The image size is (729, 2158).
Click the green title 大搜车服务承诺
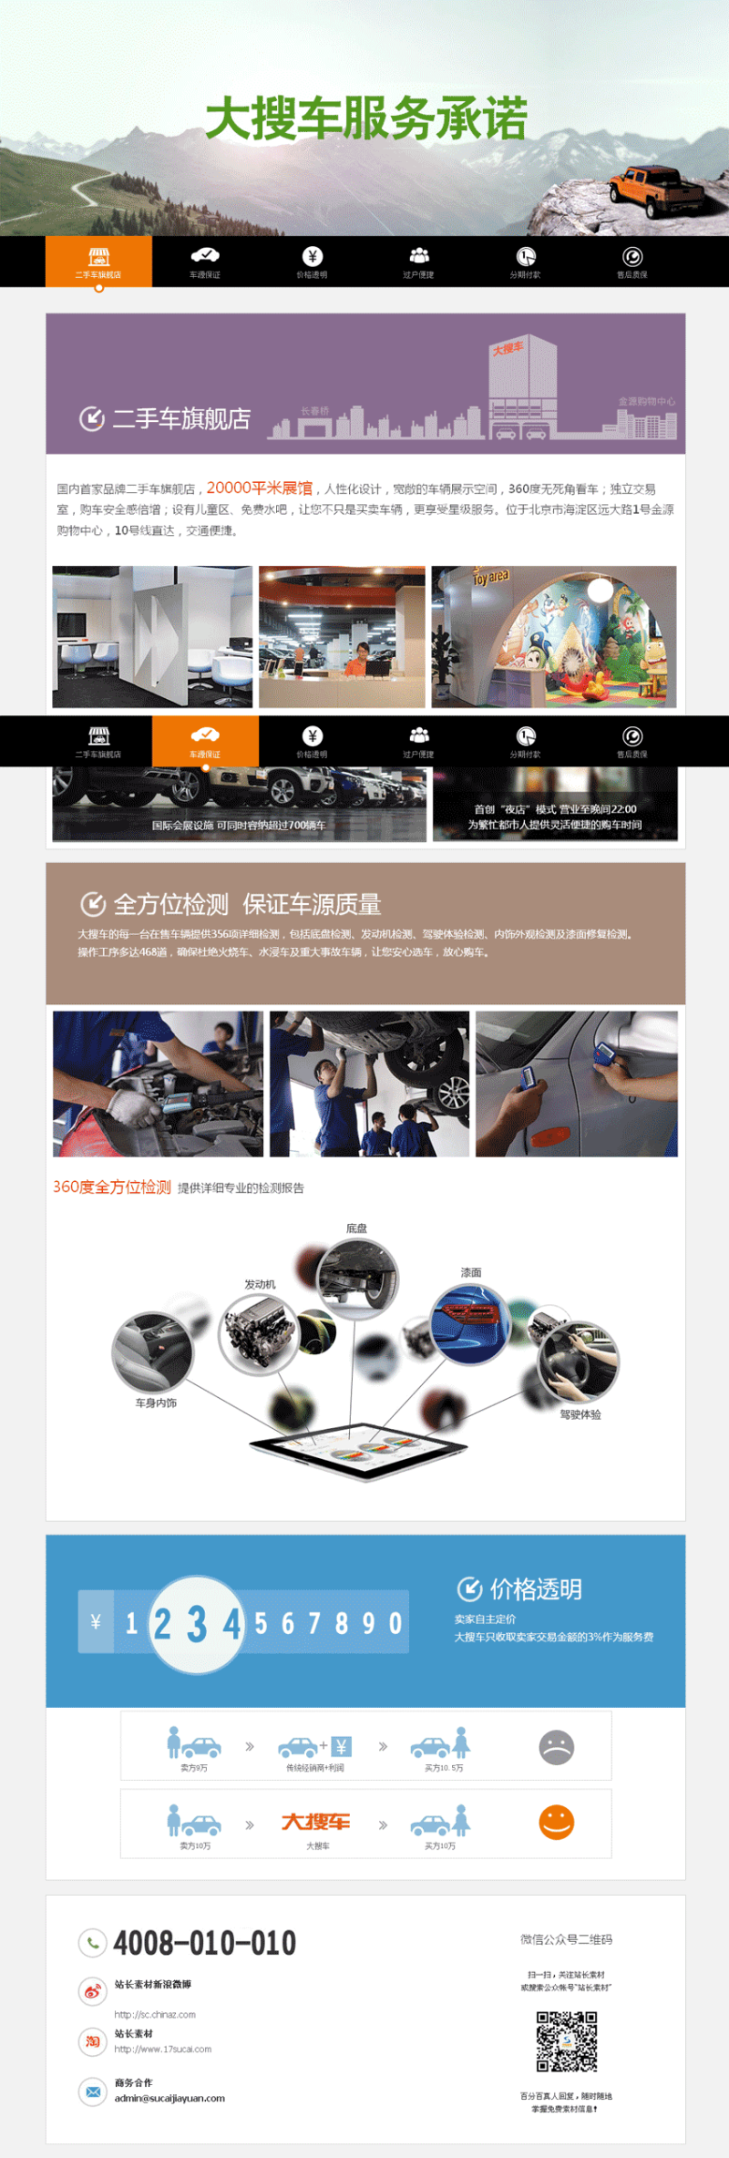(366, 119)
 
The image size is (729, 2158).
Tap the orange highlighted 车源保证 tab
(205, 740)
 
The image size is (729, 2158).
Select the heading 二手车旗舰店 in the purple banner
(180, 418)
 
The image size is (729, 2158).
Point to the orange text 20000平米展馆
(259, 488)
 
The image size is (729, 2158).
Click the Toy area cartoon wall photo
(554, 637)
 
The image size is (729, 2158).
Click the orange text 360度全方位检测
(112, 1187)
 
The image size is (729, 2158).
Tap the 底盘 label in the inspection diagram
(356, 1228)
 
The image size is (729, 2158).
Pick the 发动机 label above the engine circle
(260, 1284)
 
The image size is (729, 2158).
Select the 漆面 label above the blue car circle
(471, 1272)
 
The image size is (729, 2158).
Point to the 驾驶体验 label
(580, 1414)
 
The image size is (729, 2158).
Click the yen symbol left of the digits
(96, 1621)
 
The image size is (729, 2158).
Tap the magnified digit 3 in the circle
(197, 1623)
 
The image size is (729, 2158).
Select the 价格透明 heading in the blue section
(536, 1589)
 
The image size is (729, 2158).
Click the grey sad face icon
(557, 1747)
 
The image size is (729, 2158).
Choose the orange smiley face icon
(557, 1823)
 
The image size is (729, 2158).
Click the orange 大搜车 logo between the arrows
(316, 1822)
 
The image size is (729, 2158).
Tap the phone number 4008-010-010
(204, 1943)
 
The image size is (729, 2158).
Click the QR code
(566, 2042)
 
